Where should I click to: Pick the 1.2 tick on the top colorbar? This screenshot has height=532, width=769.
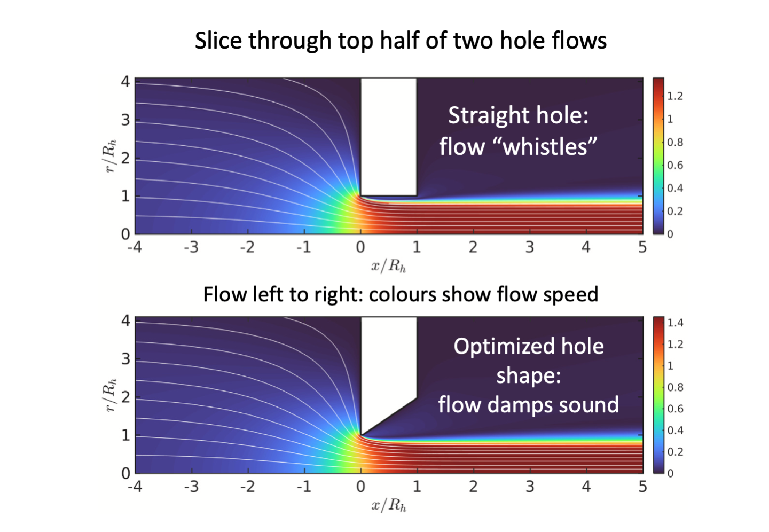675,96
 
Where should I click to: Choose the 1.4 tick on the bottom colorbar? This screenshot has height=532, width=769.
675,323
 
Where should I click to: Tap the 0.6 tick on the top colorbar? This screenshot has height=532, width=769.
675,165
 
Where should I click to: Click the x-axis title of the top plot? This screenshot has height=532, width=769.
388,265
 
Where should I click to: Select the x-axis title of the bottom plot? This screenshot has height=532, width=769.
388,505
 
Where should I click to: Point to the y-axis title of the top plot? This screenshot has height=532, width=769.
110,156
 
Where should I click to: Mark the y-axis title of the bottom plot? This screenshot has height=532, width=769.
110,395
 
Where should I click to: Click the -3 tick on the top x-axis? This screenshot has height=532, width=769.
191,247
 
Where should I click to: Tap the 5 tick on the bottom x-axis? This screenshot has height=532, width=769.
642,487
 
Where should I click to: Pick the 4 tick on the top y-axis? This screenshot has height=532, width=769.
125,82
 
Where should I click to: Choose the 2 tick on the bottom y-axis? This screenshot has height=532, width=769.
125,397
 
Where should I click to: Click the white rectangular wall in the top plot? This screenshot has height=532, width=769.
388,136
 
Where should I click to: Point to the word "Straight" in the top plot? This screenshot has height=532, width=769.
482,115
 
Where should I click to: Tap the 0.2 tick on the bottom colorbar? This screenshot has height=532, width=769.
675,452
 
